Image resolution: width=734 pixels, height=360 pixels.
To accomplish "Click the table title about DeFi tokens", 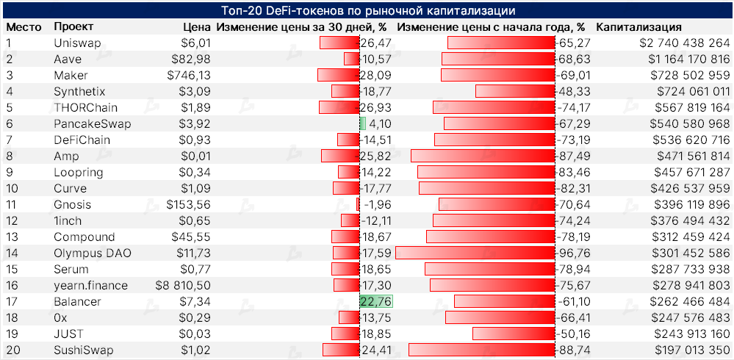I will click(x=367, y=11).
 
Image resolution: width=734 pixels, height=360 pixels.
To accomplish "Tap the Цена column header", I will click(x=197, y=27).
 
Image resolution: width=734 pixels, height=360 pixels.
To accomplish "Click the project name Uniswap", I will click(x=77, y=43).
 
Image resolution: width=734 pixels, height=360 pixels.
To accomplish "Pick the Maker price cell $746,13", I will click(x=189, y=76).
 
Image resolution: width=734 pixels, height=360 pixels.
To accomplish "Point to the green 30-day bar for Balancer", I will click(x=376, y=301).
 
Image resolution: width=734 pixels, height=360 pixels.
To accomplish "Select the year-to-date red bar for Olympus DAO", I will click(x=475, y=253).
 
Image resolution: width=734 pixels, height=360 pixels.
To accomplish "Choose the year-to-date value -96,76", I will click(x=575, y=253).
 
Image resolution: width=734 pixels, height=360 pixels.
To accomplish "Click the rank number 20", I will click(x=12, y=350).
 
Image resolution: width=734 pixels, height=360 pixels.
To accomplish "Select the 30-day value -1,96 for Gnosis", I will click(x=378, y=204).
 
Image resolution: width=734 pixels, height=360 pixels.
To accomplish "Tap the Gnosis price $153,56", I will click(x=189, y=204).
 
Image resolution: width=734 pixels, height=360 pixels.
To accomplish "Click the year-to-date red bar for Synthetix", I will click(x=514, y=91).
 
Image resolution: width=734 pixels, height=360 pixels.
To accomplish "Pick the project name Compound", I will click(x=84, y=237).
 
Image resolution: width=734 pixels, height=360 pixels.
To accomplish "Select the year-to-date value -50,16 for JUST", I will click(x=575, y=334).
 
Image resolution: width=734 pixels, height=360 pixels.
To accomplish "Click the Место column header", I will click(x=22, y=27).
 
